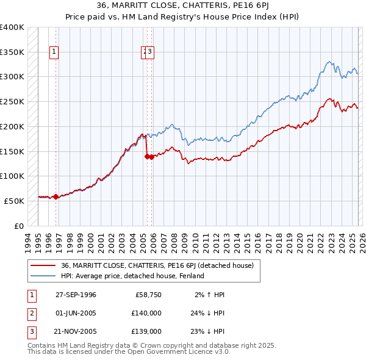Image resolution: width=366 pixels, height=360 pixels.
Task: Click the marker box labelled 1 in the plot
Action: pos(54,52)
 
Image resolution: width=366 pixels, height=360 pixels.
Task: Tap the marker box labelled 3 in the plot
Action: pos(150,52)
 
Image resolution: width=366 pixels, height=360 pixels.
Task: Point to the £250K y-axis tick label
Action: pos(12,101)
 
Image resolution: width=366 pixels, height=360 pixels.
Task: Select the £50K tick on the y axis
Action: pos(15,201)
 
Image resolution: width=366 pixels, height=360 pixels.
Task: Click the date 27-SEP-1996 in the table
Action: pos(76,295)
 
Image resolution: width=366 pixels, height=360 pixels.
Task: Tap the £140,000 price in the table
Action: pos(146,313)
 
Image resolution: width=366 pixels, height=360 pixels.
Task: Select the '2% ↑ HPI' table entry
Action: pos(210,295)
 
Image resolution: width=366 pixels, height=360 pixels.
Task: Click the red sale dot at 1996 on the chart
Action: pos(56,196)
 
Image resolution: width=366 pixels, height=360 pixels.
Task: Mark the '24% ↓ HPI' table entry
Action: pos(208,313)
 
